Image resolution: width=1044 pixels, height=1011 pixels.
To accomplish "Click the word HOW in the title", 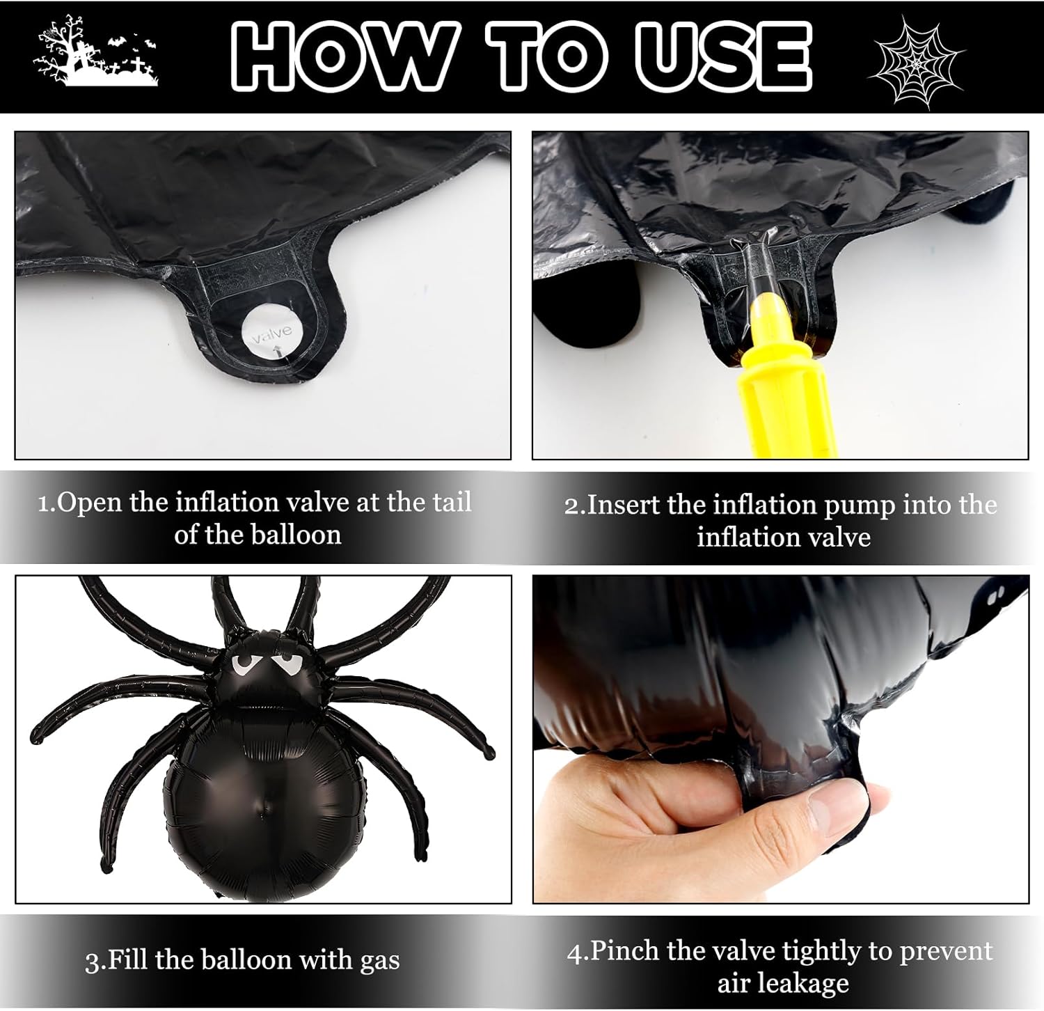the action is [x=344, y=57].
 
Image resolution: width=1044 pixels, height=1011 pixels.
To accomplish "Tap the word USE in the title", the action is [x=725, y=57].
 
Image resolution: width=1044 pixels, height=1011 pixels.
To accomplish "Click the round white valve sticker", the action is [x=267, y=335].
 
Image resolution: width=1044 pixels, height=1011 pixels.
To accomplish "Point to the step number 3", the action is [x=92, y=962].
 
